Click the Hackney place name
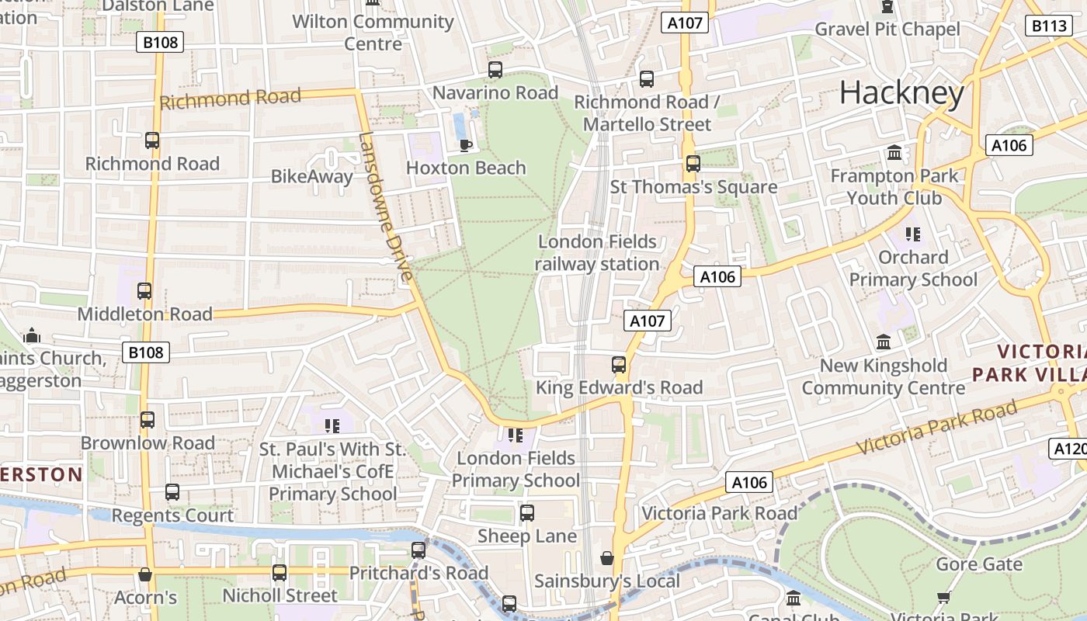[901, 93]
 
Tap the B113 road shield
[1049, 26]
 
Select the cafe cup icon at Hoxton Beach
[466, 145]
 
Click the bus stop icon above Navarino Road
[495, 70]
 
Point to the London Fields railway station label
[597, 253]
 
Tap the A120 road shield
[1069, 448]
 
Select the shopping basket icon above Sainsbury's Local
[607, 558]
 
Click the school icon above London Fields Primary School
[515, 436]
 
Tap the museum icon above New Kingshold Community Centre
[884, 342]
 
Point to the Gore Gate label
[979, 564]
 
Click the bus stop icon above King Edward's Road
[619, 365]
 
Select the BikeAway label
[311, 176]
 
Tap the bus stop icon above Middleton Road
[144, 292]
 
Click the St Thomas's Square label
[693, 187]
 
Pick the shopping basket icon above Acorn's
[145, 575]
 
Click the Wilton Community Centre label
[373, 33]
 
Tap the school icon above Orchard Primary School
[913, 234]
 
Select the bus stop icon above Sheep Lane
[527, 513]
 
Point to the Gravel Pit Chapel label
[887, 29]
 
